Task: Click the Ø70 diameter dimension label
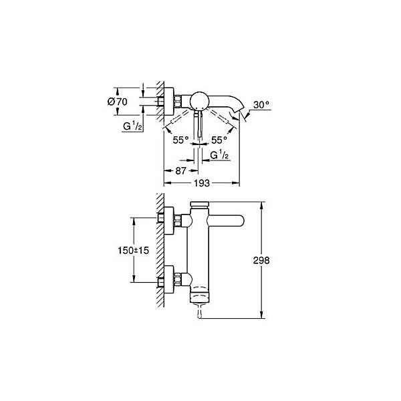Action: pyautogui.click(x=117, y=102)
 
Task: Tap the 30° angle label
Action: pyautogui.click(x=261, y=105)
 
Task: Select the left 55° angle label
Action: pyautogui.click(x=180, y=140)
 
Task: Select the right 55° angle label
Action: pyautogui.click(x=219, y=140)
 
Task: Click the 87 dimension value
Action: pyautogui.click(x=180, y=170)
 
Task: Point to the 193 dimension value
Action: pyautogui.click(x=202, y=183)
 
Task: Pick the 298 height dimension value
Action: pyautogui.click(x=261, y=261)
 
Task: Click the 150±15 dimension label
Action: pyautogui.click(x=133, y=251)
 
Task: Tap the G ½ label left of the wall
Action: pyautogui.click(x=132, y=126)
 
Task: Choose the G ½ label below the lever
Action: pyautogui.click(x=219, y=155)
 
